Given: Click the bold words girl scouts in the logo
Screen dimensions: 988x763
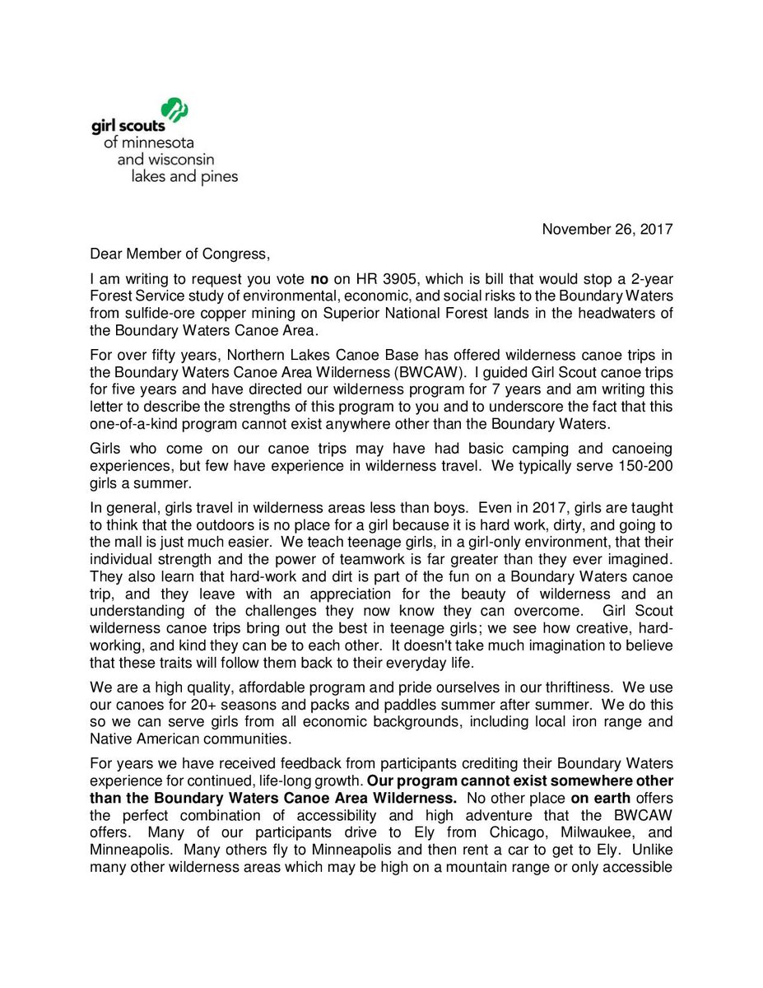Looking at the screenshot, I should [128, 125].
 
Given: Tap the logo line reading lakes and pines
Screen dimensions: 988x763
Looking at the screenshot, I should [184, 176].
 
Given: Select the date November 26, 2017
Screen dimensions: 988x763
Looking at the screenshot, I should [607, 230].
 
